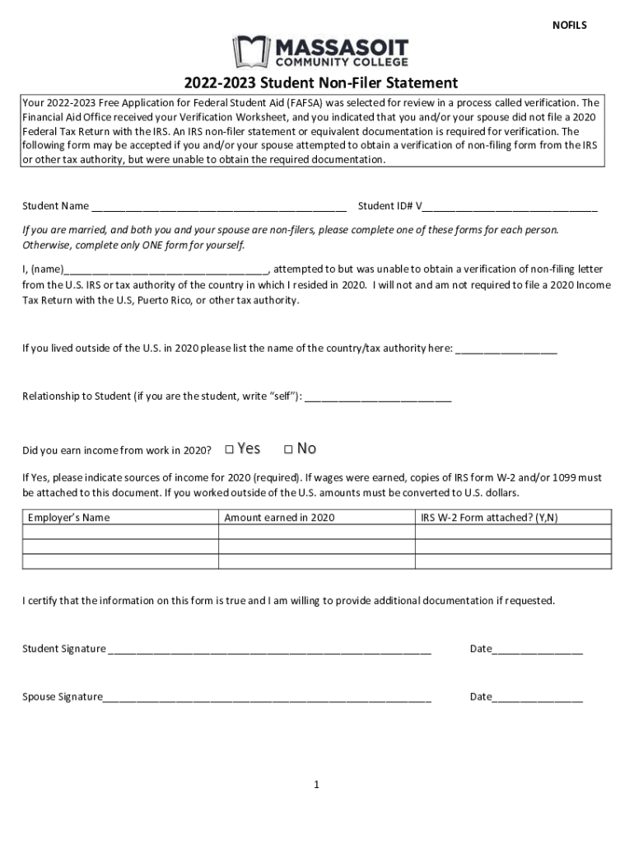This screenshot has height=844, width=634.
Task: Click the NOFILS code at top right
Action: click(569, 26)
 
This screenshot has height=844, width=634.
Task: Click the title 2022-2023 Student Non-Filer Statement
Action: click(320, 83)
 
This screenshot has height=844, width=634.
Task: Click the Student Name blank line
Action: click(219, 206)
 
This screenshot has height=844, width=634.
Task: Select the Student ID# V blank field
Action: click(510, 206)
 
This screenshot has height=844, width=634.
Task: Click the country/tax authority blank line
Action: click(506, 349)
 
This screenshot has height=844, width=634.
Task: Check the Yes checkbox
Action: click(230, 449)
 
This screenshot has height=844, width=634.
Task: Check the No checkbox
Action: click(288, 449)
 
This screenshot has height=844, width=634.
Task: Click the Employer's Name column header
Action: click(69, 518)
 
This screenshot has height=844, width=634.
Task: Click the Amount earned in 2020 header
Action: click(279, 518)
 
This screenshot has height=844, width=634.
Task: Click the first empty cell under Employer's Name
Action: click(120, 532)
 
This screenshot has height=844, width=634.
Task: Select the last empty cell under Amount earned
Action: click(316, 561)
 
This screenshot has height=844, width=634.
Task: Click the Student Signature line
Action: click(269, 649)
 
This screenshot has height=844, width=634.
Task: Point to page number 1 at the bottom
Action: click(316, 785)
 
